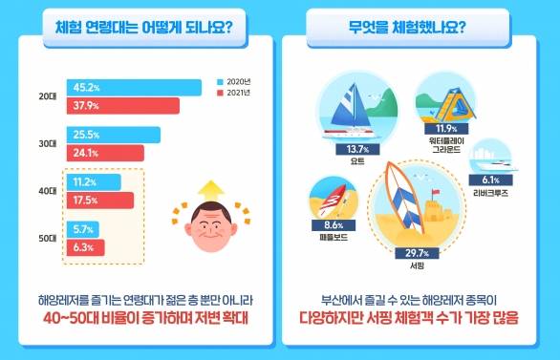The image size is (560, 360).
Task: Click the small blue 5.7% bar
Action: point(81,230)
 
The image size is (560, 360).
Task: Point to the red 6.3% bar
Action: point(82,248)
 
